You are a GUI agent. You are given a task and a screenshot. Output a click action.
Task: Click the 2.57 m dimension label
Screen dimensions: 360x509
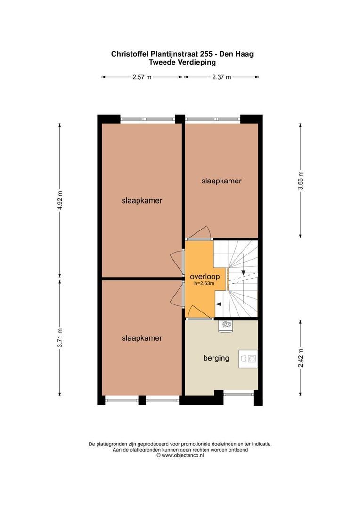click(142, 77)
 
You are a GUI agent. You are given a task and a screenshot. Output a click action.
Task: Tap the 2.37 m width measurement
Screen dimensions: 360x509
click(222, 77)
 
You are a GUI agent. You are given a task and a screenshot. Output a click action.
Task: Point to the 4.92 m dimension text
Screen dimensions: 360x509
click(60, 200)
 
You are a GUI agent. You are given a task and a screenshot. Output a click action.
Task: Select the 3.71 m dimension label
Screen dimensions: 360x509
click(60, 338)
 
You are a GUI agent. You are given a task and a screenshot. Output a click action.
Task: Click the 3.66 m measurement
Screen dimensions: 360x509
click(301, 181)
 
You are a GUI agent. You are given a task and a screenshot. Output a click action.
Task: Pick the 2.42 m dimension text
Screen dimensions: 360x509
click(301, 358)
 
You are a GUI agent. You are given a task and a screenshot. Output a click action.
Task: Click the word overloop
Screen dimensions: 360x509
click(205, 277)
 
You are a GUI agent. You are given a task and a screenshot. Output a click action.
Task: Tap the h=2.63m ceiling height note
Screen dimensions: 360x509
click(204, 283)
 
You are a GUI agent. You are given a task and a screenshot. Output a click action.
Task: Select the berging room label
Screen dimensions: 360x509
click(216, 358)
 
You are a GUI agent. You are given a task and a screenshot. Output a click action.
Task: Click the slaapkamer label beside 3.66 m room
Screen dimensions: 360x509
click(221, 181)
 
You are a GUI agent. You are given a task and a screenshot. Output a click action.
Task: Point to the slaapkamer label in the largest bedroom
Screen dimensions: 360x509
click(142, 201)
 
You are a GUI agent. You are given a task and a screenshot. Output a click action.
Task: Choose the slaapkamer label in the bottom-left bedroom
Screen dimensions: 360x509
click(142, 338)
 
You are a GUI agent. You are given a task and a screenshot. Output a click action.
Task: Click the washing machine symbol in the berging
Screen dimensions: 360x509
click(248, 359)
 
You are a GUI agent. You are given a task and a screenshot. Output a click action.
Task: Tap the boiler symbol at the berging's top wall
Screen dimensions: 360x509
click(226, 326)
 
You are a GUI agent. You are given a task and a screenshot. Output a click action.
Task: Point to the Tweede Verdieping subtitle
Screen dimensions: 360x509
click(182, 62)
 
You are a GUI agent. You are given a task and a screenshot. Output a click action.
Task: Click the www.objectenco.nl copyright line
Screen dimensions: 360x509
click(180, 455)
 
